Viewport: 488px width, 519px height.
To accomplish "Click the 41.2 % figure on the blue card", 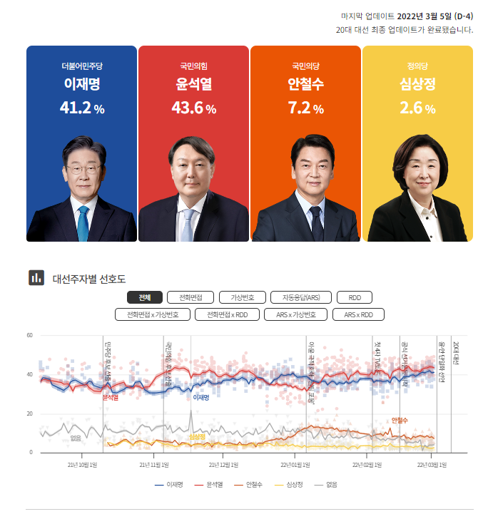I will point(81,108).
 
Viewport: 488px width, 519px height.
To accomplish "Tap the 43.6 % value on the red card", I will point(193,108).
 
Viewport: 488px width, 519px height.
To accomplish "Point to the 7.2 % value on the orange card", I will point(305,108).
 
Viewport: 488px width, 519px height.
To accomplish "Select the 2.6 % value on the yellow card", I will point(417,108).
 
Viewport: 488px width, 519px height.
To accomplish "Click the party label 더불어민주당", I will point(81,66).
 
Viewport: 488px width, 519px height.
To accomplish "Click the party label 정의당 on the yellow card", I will point(417,66).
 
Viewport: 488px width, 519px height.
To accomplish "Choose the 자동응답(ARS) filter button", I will point(301,297).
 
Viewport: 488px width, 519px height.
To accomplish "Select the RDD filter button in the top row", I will point(355,297).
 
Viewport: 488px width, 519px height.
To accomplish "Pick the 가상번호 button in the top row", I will point(243,297).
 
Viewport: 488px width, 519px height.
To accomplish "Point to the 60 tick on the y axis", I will point(30,336).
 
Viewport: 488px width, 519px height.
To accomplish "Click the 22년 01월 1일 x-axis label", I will point(295,464).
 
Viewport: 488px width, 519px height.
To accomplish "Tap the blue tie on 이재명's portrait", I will point(83,223).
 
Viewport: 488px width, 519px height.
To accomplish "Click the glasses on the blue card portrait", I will point(83,169).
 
